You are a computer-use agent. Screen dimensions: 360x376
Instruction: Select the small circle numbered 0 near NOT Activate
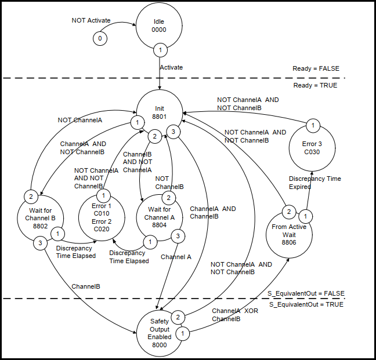(x=100, y=38)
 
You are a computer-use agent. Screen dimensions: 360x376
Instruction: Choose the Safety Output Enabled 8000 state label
(x=160, y=333)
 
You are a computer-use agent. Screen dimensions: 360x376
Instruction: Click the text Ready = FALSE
(x=314, y=70)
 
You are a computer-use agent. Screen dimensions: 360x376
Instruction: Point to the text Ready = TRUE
(x=314, y=85)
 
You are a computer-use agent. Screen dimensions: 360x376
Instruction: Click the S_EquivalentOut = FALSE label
(x=306, y=293)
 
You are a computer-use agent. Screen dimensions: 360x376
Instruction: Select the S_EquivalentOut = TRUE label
(x=306, y=305)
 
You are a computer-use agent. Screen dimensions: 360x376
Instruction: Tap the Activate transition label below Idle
(x=171, y=67)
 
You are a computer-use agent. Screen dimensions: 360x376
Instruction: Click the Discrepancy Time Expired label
(x=315, y=183)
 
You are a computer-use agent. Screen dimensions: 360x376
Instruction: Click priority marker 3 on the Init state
(x=172, y=132)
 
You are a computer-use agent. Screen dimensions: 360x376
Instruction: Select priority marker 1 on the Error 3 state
(x=312, y=125)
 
